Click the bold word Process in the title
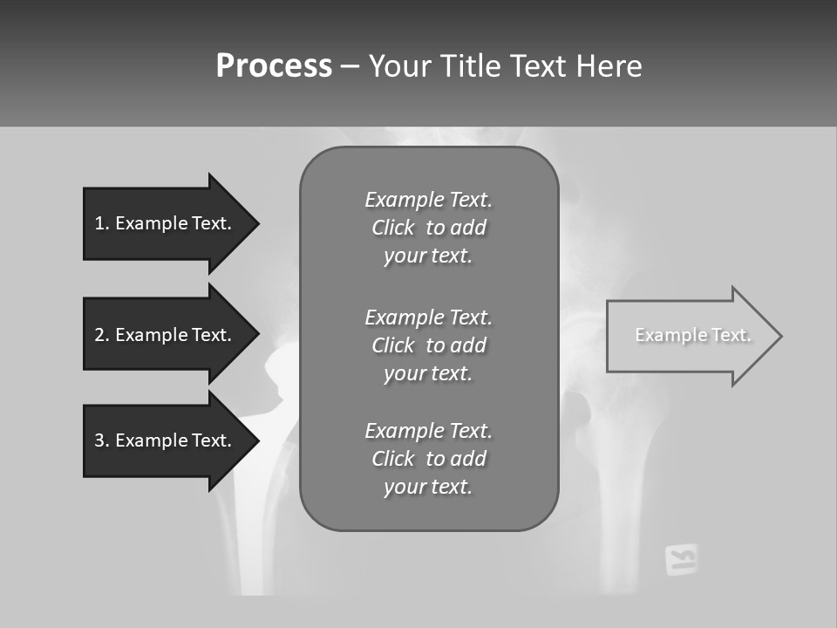click(x=274, y=66)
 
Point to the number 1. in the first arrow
click(x=102, y=223)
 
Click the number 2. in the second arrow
click(x=102, y=335)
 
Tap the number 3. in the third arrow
click(x=102, y=440)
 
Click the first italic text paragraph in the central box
click(x=428, y=228)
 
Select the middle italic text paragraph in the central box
click(x=428, y=345)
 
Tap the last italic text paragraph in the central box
click(x=428, y=459)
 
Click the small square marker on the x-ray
click(x=682, y=559)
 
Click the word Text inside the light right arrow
click(x=731, y=335)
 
